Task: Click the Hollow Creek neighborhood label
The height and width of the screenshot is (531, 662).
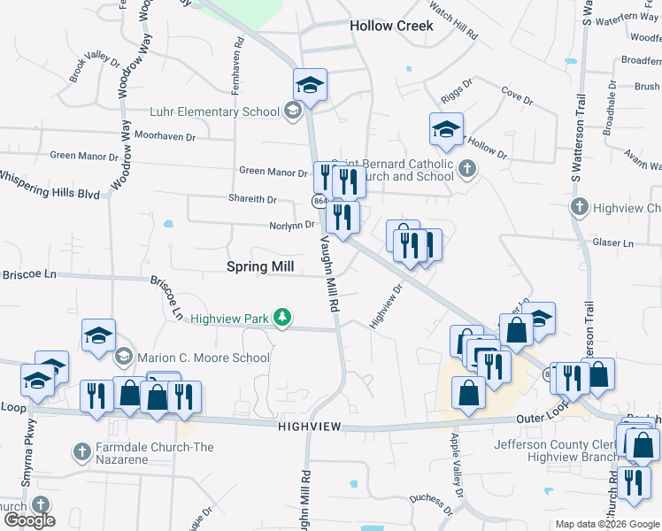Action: click(x=391, y=26)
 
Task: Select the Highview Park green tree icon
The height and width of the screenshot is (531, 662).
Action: click(x=282, y=317)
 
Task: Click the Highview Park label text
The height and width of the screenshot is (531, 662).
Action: click(x=231, y=317)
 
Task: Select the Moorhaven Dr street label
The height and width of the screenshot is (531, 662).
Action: click(x=160, y=137)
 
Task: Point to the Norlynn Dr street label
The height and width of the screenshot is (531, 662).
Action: click(x=292, y=225)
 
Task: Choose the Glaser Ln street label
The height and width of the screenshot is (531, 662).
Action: click(x=614, y=242)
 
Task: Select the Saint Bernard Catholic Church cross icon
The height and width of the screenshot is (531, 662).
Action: click(x=467, y=167)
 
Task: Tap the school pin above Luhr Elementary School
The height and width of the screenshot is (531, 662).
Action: click(x=310, y=85)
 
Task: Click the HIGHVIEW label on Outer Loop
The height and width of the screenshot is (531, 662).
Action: click(x=310, y=427)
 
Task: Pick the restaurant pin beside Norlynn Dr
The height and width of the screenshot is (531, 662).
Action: click(x=342, y=217)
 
